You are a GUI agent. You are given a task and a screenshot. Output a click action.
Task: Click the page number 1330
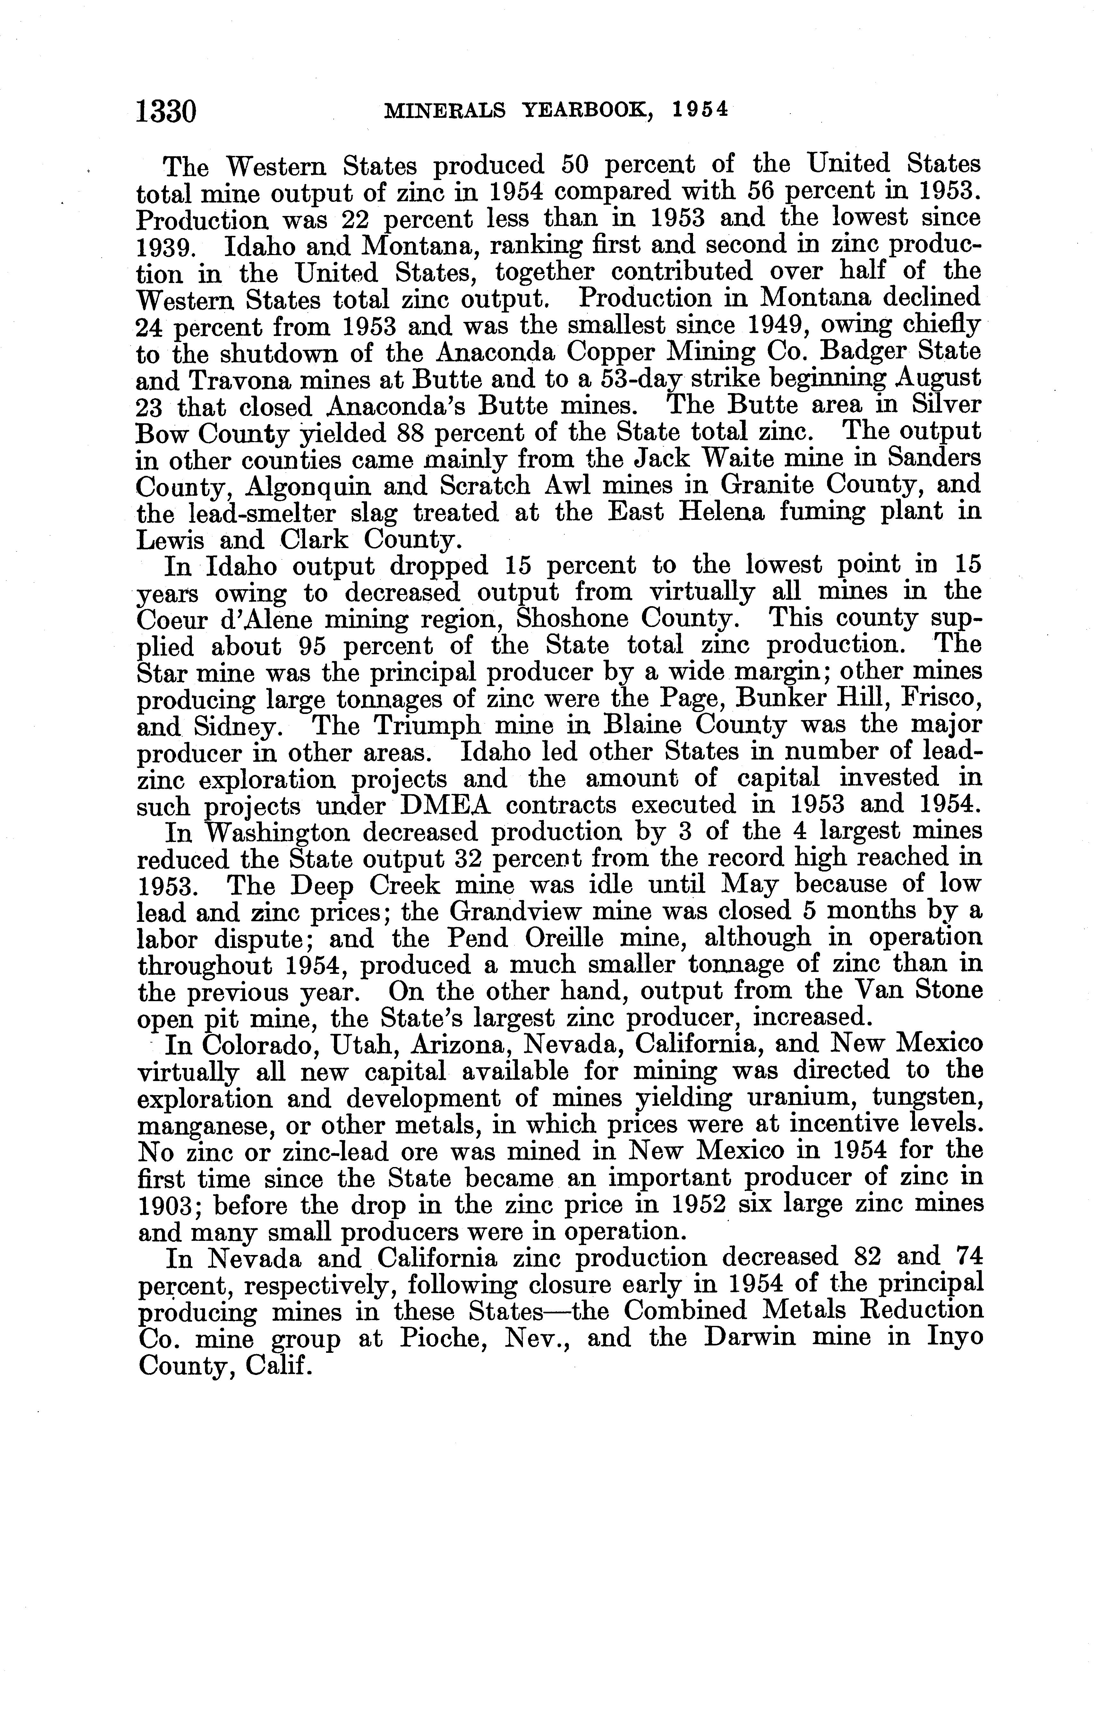[x=166, y=112]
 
